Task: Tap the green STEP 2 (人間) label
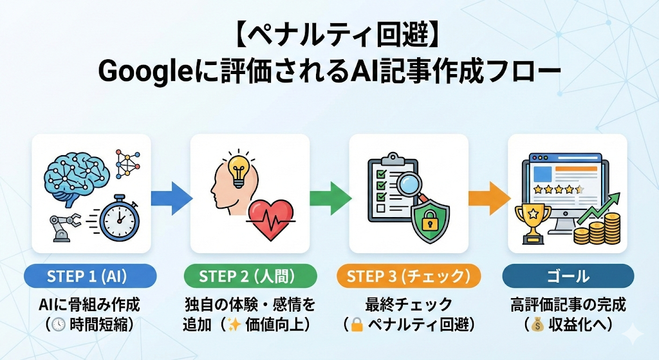[250, 276]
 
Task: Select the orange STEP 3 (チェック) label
[409, 276]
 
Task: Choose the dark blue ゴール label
[568, 276]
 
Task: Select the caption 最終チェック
[409, 303]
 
